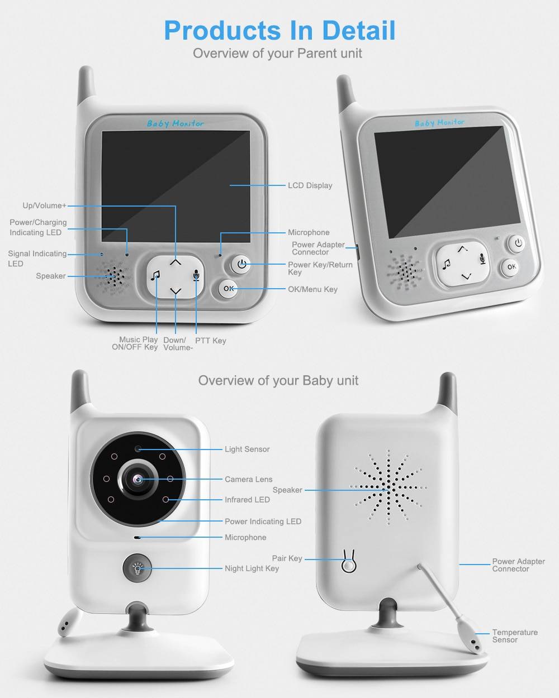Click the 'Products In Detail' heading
(279, 30)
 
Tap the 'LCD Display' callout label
(310, 185)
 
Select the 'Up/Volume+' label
(44, 205)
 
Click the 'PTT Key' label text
(210, 341)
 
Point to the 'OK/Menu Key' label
(312, 289)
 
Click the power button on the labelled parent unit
(241, 264)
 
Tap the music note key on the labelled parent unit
(156, 275)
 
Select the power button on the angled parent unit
(518, 243)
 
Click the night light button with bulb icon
(136, 568)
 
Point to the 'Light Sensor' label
(247, 449)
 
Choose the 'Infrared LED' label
(247, 500)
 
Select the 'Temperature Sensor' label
(514, 636)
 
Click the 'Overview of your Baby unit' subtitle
(278, 380)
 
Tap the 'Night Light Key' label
(252, 568)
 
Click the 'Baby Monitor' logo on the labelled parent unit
(175, 123)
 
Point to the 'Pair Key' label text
(287, 558)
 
